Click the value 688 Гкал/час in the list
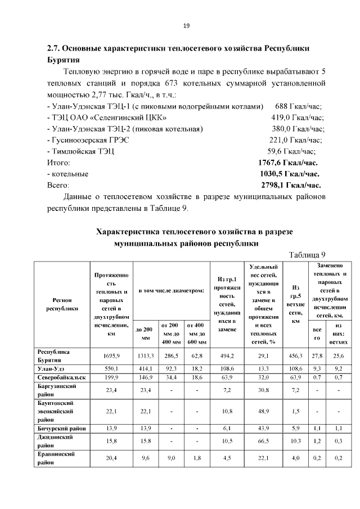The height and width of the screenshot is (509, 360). (x=299, y=106)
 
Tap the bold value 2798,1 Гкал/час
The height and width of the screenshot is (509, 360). (x=291, y=185)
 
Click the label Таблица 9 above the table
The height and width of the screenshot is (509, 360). (x=307, y=255)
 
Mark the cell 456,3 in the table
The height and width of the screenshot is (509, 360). (x=296, y=356)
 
